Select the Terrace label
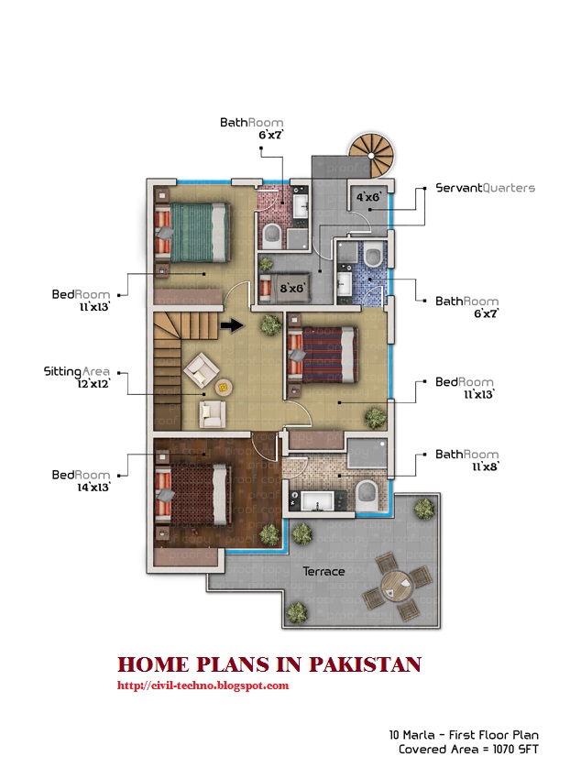[x=324, y=572]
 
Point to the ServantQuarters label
[x=485, y=188]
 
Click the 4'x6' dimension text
[x=368, y=196]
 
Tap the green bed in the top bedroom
[x=193, y=232]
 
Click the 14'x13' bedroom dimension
[x=92, y=488]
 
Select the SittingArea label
[x=77, y=372]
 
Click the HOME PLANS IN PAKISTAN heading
[x=269, y=664]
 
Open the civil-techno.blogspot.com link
[x=203, y=685]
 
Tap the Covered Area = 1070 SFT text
[x=468, y=749]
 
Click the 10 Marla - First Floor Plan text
[x=463, y=734]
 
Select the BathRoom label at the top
[x=251, y=122]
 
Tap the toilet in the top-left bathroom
[x=272, y=237]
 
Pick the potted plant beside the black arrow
[x=269, y=324]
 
